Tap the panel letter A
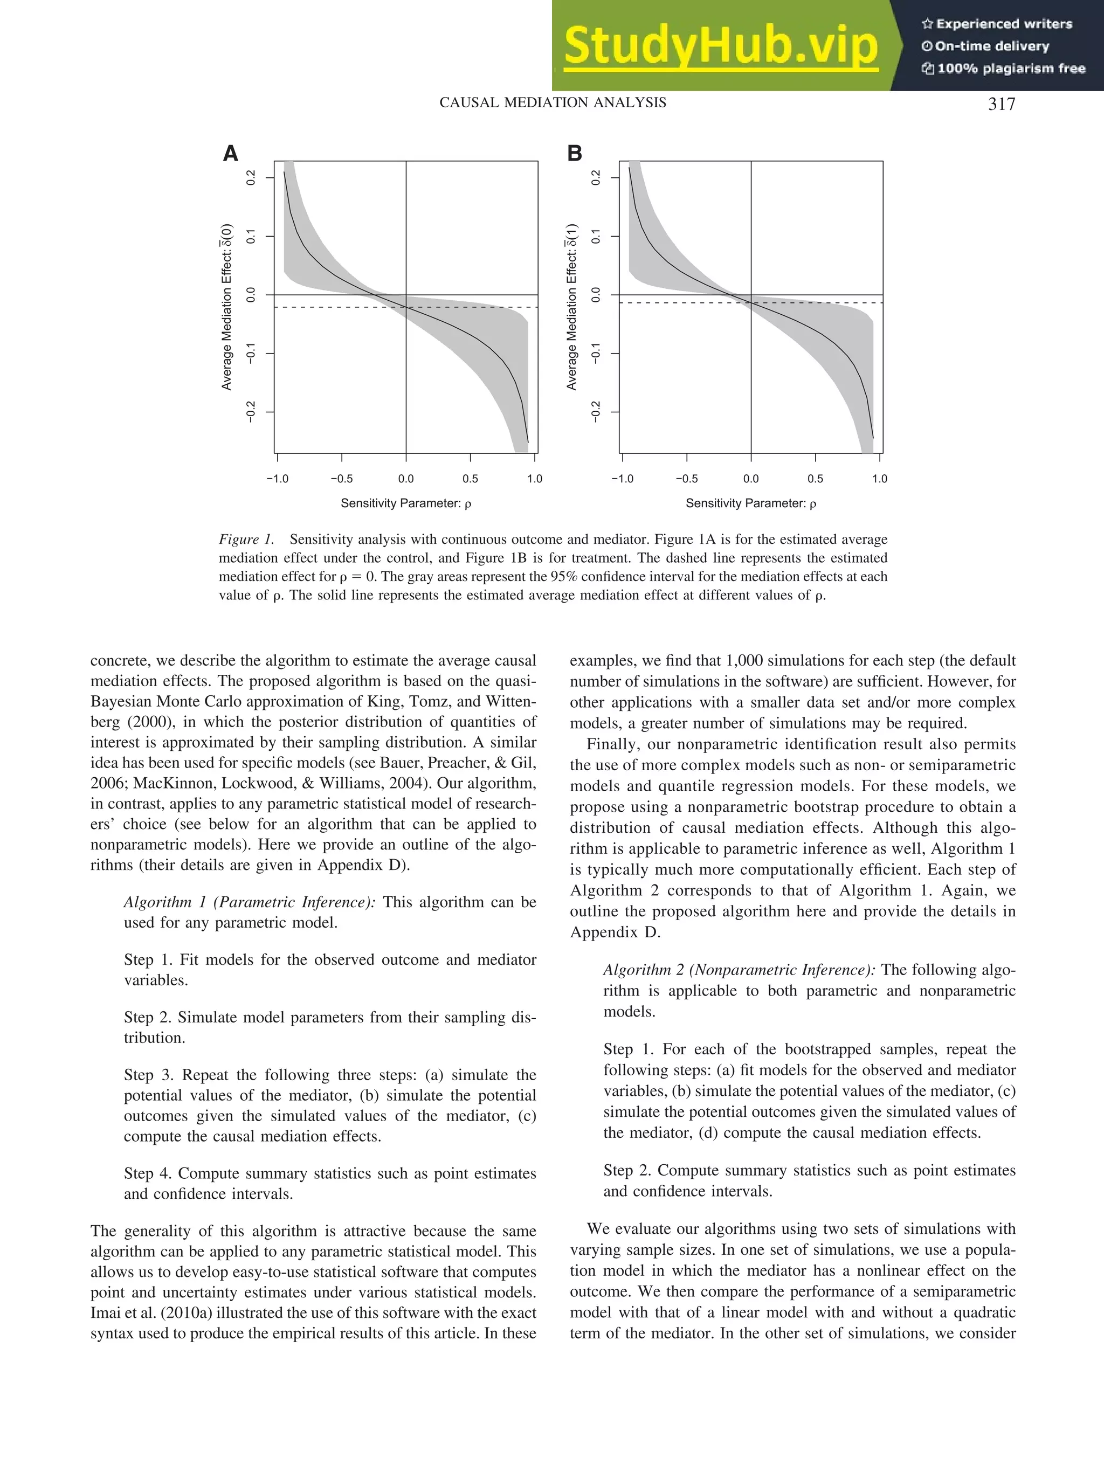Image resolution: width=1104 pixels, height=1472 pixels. [x=230, y=154]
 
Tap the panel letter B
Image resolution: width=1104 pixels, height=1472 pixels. [x=574, y=154]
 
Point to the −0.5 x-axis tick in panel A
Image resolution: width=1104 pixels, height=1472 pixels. [x=341, y=479]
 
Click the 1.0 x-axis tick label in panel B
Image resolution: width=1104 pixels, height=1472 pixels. [x=879, y=479]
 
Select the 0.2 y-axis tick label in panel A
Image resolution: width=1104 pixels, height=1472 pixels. [x=251, y=178]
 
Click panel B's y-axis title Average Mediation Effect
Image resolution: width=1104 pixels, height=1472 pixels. [x=571, y=306]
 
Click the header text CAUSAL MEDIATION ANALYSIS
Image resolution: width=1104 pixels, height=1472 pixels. [x=553, y=102]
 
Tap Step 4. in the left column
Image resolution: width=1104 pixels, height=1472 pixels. [x=148, y=1173]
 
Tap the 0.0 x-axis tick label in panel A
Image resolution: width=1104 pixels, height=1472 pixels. [x=405, y=479]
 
